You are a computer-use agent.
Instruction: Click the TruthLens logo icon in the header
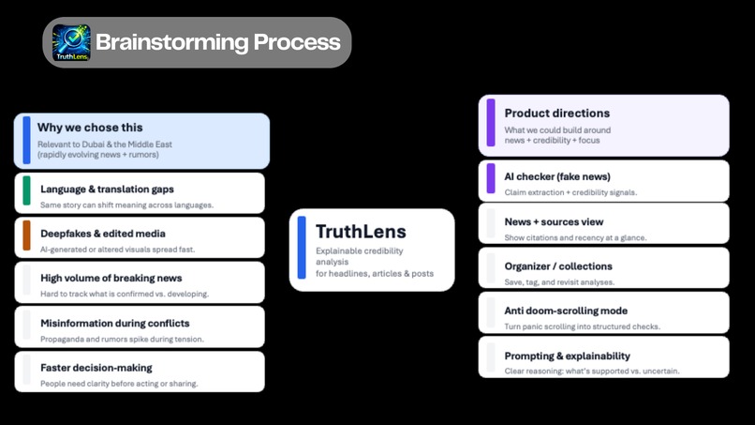click(71, 43)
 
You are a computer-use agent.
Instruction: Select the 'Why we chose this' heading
click(90, 128)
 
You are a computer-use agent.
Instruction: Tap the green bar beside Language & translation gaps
click(27, 191)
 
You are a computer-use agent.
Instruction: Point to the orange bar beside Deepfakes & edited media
click(27, 235)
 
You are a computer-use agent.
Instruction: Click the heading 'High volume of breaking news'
click(111, 278)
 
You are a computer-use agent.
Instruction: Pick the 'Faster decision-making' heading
click(96, 368)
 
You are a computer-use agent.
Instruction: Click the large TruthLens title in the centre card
click(361, 232)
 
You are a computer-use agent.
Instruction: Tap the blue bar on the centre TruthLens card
click(302, 248)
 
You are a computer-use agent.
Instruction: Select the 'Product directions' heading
click(556, 114)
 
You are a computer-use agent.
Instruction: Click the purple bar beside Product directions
click(491, 124)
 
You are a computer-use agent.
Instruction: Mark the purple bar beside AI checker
click(491, 178)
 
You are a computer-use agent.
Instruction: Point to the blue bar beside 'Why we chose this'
click(27, 140)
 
